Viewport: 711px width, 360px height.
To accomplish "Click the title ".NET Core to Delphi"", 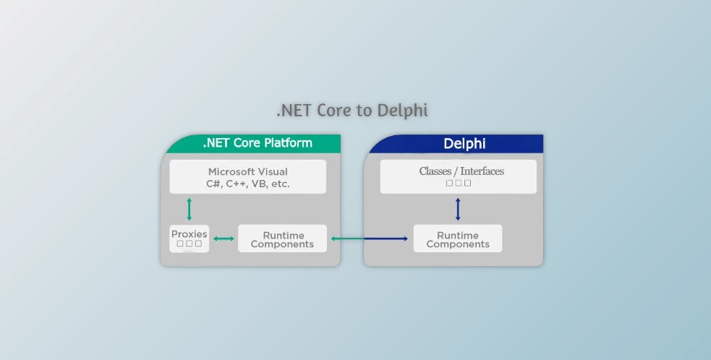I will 352,111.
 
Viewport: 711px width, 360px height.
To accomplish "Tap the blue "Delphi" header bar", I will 464,144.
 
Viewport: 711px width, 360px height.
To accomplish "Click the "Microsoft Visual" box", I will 247,177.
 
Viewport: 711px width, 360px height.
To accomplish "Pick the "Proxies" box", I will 189,239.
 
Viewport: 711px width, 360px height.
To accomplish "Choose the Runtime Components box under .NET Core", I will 282,239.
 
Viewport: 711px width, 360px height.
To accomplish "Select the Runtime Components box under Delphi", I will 457,239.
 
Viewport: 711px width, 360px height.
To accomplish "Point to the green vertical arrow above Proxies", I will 190,209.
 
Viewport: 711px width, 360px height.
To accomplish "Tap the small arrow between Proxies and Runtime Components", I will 223,239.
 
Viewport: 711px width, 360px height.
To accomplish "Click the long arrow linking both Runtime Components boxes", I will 370,239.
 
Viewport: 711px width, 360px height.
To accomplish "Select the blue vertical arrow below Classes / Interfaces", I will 458,210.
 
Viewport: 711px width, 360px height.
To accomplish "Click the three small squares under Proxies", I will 189,244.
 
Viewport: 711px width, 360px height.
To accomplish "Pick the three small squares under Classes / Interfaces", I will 459,184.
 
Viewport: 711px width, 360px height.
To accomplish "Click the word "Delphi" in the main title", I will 402,111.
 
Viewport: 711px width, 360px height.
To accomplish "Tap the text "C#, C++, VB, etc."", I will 247,184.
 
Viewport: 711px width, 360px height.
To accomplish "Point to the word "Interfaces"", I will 480,171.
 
